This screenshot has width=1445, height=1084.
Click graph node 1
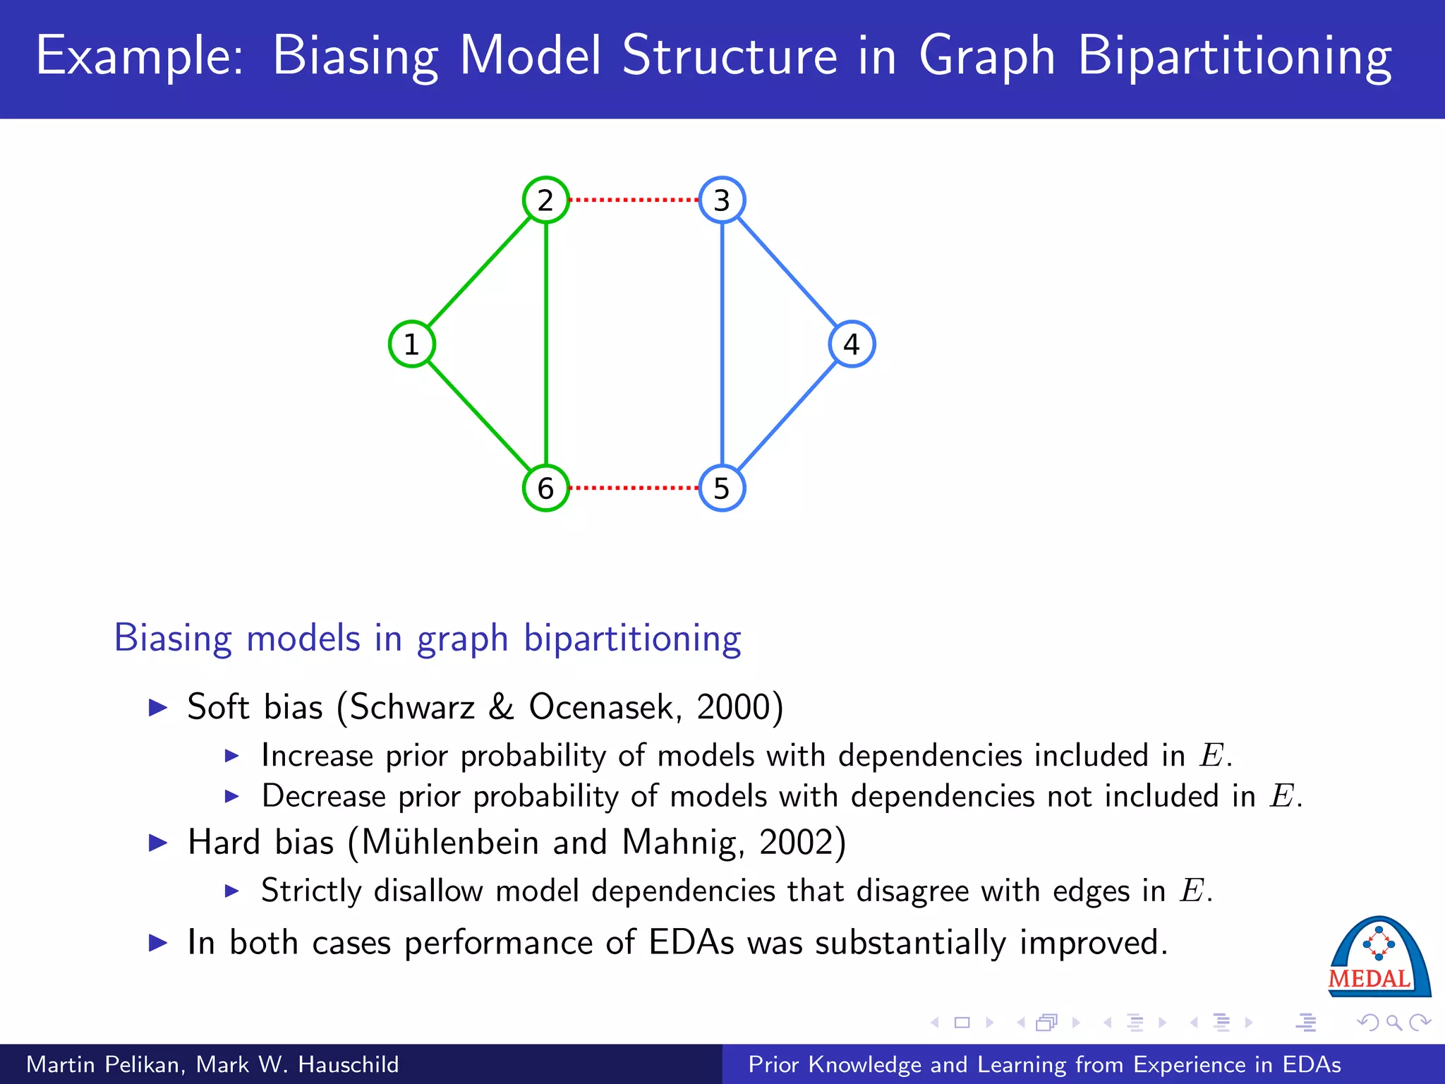coord(411,344)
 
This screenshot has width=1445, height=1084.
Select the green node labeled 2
coord(545,200)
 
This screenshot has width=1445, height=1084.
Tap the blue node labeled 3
coord(722,200)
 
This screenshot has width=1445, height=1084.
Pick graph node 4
coord(852,344)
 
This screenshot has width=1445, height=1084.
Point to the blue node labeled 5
coord(722,488)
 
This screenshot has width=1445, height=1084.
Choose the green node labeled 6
coord(545,488)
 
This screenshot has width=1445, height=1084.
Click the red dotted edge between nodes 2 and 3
coord(634,200)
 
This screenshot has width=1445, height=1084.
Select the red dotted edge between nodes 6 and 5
coord(634,488)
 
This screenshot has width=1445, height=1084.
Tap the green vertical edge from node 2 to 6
coord(545,344)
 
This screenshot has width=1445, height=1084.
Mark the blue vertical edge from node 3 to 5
coord(722,344)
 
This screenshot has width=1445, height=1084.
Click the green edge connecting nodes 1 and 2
coord(479,272)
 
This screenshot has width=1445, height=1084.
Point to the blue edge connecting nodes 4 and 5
coord(787,416)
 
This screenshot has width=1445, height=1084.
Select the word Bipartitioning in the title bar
coord(1235,56)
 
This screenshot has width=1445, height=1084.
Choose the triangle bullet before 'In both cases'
coord(158,943)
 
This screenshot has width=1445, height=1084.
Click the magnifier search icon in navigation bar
coord(1393,1022)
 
